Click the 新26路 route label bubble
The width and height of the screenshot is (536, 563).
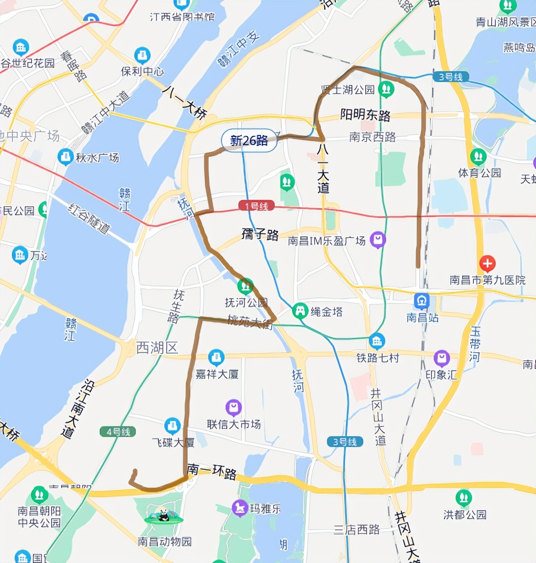pos(249,141)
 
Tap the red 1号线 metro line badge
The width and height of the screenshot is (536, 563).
pos(256,206)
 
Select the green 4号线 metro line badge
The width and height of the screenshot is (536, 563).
pos(118,432)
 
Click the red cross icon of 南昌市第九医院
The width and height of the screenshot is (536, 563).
pos(487,263)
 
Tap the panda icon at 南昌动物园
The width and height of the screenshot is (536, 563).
pos(163,516)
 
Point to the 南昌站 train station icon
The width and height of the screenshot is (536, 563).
pos(421,301)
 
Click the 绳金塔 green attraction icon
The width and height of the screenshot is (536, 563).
pos(300,311)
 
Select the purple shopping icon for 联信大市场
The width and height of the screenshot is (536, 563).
pos(233,407)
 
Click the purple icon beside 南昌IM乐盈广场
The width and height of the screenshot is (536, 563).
pos(378,239)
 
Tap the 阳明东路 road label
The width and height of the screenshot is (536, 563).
pos(365,115)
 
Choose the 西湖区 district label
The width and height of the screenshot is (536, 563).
pos(157,348)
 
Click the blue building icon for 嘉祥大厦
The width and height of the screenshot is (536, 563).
pos(216,357)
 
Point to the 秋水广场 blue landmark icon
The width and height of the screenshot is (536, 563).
pos(65,157)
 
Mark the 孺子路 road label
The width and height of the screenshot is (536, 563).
pos(260,235)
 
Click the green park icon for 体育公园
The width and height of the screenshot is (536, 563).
pos(478,156)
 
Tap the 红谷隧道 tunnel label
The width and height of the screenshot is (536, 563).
pos(89,219)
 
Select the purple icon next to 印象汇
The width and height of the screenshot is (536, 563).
pos(441,358)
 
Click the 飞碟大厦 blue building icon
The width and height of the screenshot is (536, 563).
pos(172,426)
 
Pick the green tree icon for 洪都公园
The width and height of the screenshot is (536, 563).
pos(463,498)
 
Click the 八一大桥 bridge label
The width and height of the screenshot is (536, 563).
pos(185,103)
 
